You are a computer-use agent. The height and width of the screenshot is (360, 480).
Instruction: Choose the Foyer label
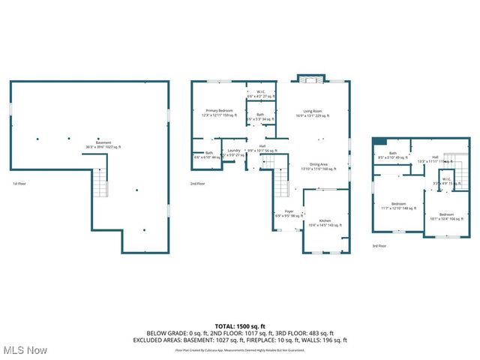point(289,214)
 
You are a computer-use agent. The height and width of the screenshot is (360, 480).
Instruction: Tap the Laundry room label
point(234,152)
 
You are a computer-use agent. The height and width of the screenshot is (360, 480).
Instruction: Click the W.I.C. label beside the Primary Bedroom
point(262,94)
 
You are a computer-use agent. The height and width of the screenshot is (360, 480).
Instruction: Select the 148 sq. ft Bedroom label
point(397,205)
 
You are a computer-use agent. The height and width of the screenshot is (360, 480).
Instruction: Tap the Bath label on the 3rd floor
point(392,155)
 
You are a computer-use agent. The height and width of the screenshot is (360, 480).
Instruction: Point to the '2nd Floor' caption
point(198,184)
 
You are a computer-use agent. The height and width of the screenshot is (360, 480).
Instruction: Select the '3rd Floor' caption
point(380,246)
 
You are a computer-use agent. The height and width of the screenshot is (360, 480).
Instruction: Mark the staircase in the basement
point(100,182)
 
